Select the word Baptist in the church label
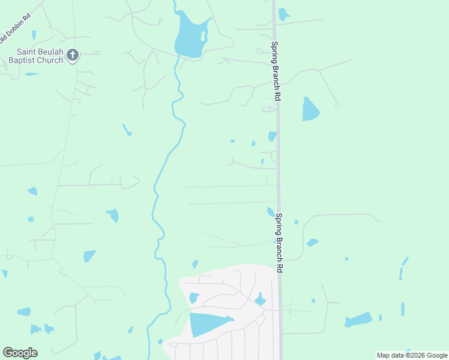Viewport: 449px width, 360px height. coord(23,61)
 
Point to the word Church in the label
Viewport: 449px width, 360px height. coord(50,61)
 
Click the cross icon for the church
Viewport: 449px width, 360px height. coord(72,56)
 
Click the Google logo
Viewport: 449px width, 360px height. coord(20,353)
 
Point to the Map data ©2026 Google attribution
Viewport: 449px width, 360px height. coord(412,355)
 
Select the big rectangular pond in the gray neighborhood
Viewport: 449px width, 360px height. coord(207,324)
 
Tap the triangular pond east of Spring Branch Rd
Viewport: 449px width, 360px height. coord(310,110)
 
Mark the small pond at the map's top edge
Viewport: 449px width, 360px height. coord(283,14)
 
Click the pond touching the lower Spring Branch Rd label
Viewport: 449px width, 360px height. coord(271,211)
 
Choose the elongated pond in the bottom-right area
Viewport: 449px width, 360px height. coord(358,320)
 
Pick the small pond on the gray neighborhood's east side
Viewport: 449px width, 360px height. coord(260,299)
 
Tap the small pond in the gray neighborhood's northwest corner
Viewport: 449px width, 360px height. coord(194,298)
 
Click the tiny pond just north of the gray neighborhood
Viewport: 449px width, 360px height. coord(195,264)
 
